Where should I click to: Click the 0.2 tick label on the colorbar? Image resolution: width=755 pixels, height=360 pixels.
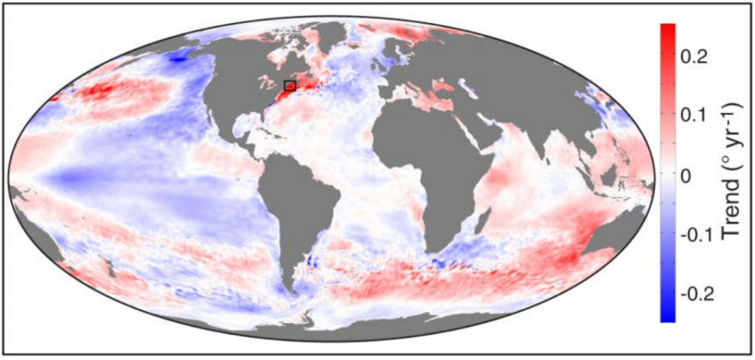tap(696, 56)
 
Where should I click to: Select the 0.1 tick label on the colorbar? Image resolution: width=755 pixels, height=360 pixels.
tap(696, 116)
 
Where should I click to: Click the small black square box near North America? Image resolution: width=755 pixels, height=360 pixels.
tap(290, 86)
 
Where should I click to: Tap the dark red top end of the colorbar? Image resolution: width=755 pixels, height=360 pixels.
tap(667, 30)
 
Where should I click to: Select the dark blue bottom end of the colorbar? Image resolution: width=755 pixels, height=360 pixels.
tap(667, 316)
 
